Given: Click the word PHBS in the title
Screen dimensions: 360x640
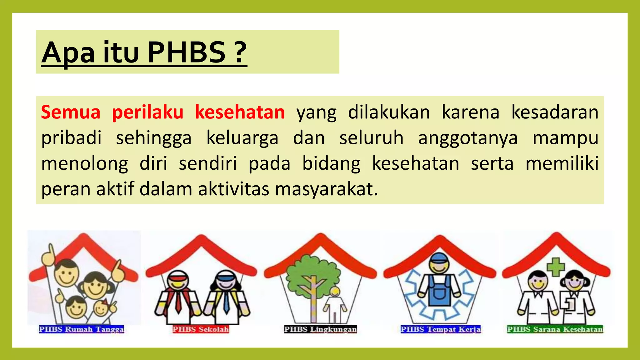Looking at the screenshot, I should [x=187, y=52].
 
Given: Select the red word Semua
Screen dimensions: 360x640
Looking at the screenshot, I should [x=71, y=112].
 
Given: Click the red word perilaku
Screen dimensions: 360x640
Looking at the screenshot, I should [x=147, y=112].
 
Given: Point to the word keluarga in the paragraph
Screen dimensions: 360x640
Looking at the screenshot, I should [x=242, y=138].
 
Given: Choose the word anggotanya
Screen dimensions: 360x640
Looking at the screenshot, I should [x=468, y=138].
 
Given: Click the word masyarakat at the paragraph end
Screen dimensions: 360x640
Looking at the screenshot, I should [x=326, y=189].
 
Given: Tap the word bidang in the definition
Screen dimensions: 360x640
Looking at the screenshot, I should [x=331, y=164].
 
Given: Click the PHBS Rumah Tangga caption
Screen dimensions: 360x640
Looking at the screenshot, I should [x=82, y=329].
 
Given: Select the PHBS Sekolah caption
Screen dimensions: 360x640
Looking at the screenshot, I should [x=201, y=329].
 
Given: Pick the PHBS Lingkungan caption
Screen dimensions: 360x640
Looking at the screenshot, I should [x=320, y=329].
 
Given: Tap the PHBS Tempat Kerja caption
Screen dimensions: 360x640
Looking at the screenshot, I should [x=441, y=329].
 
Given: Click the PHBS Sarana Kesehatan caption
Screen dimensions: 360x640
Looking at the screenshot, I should [x=555, y=329].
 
